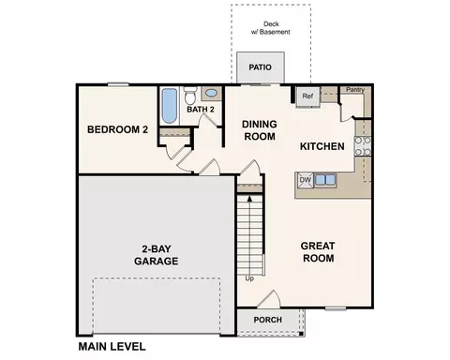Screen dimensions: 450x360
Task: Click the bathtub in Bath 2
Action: tap(170, 106)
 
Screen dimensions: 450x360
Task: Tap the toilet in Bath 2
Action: tap(190, 96)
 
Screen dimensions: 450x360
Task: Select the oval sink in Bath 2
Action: tap(212, 93)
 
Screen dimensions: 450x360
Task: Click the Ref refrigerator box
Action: tap(307, 97)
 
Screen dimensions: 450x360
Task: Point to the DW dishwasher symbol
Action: tap(305, 180)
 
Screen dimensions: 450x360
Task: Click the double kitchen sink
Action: tap(325, 180)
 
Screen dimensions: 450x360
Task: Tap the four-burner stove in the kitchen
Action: tap(363, 146)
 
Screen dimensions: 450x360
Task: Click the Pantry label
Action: tap(355, 90)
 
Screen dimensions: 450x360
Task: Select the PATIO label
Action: tap(260, 67)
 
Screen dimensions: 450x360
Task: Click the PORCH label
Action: tap(268, 320)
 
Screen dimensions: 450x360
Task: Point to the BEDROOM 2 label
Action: tap(117, 129)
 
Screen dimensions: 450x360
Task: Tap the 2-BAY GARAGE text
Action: tap(157, 255)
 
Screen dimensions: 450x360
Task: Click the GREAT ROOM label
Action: tap(318, 252)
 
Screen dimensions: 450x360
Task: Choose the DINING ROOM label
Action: tap(260, 130)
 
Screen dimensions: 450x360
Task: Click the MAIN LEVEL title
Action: tap(112, 347)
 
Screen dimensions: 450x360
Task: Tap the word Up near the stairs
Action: tap(249, 278)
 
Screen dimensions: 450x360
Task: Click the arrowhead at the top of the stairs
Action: tap(249, 198)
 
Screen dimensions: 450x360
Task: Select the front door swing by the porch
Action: tap(269, 299)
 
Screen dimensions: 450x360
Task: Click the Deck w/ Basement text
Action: tap(271, 28)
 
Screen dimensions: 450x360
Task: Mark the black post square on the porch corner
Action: tap(301, 334)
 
